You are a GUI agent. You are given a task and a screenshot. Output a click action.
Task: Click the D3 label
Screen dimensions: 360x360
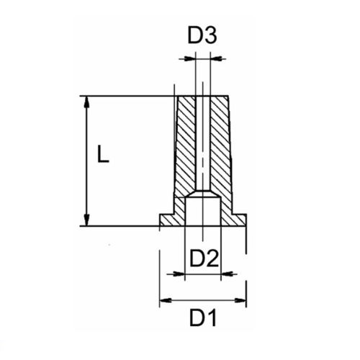(202, 35)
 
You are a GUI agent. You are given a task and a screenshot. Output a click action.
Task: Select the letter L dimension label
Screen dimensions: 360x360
(104, 155)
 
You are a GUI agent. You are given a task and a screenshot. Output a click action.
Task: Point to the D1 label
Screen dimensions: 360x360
(203, 318)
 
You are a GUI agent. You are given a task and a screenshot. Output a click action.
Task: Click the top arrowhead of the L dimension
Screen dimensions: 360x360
(87, 102)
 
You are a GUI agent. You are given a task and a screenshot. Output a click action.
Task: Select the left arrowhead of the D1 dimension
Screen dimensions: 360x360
(163, 300)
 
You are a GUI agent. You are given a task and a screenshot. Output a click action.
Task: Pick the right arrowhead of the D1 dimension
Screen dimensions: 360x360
(242, 300)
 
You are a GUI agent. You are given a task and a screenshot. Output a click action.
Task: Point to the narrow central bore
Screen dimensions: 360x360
(203, 144)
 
